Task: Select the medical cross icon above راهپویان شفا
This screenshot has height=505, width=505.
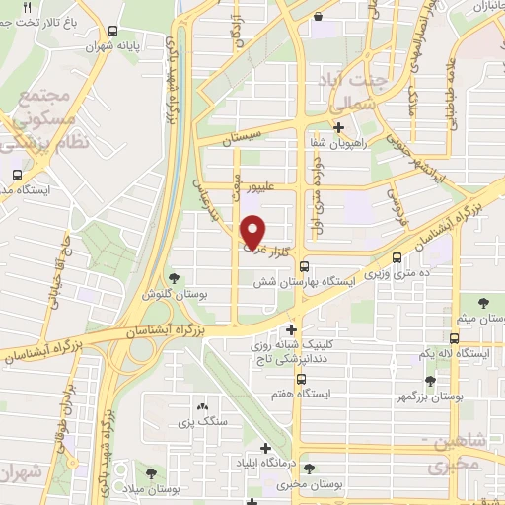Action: pyautogui.click(x=339, y=127)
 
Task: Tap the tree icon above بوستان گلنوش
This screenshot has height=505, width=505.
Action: pyautogui.click(x=176, y=278)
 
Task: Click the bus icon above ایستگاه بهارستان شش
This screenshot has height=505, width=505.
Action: pyautogui.click(x=304, y=265)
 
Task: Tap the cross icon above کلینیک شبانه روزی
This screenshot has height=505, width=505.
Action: pyautogui.click(x=291, y=329)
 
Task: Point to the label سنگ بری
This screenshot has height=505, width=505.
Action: pyautogui.click(x=202, y=421)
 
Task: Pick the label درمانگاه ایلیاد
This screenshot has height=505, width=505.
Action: pyautogui.click(x=261, y=461)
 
